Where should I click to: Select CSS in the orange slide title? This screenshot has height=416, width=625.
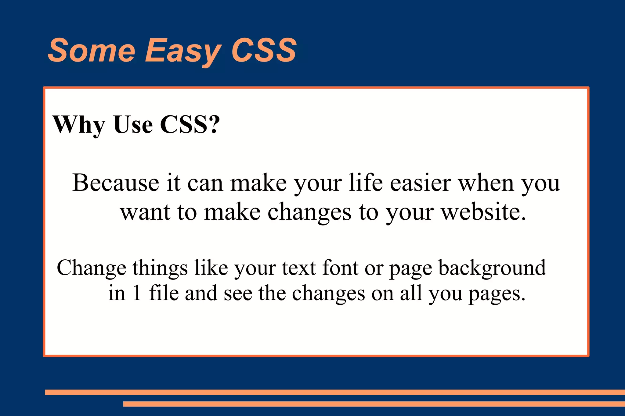point(264,50)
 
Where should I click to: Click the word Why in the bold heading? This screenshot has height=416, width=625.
point(79,125)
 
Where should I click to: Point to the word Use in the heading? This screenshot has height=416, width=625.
point(133,125)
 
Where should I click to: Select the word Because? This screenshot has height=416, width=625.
point(116,183)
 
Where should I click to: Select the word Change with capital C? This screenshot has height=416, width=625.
point(92,268)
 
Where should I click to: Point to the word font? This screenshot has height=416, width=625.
point(340,267)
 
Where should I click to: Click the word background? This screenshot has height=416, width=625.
point(492,268)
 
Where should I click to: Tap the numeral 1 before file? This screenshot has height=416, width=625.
point(137,293)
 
